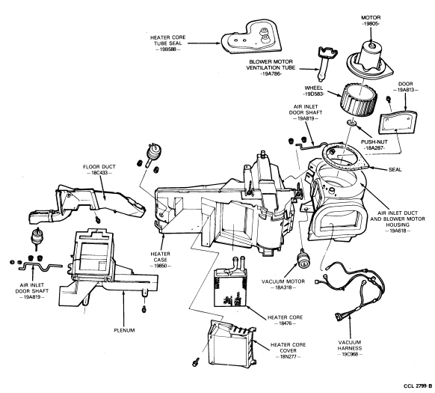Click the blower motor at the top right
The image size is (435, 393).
tap(370, 62)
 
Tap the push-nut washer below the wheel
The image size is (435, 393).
tap(352, 122)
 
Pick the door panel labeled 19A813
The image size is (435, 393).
tap(398, 121)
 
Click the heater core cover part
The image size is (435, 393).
tap(231, 344)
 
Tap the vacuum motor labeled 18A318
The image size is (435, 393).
tap(303, 258)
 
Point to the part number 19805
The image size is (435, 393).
tap(371, 24)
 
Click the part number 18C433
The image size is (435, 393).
tap(99, 173)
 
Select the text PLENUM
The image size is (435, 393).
tap(124, 330)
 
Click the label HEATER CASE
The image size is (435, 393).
tap(161, 257)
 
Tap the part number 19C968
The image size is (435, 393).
tap(350, 354)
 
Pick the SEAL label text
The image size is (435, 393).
tap(395, 169)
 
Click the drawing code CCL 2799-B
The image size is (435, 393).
tap(418, 386)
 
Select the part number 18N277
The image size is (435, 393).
tap(289, 356)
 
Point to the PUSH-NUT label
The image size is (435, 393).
tap(374, 142)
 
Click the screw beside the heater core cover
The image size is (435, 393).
tap(195, 362)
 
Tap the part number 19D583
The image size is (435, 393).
tap(314, 94)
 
